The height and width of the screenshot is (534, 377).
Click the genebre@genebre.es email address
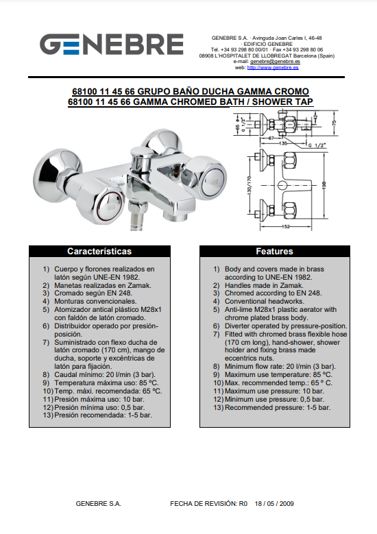click(x=275, y=62)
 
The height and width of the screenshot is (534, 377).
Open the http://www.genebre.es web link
click(x=273, y=68)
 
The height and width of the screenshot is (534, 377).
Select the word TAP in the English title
click(x=304, y=102)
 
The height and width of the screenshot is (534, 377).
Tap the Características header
click(x=99, y=252)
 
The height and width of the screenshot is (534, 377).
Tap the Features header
click(x=274, y=252)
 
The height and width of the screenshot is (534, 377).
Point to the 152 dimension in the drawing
click(x=286, y=227)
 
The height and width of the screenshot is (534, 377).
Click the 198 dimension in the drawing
click(x=324, y=185)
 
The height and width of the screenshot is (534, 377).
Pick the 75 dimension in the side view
click(x=334, y=122)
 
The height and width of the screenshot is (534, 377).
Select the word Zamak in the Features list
click(x=292, y=285)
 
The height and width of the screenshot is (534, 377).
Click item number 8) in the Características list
click(x=46, y=374)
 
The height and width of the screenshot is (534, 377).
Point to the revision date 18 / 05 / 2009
click(x=274, y=503)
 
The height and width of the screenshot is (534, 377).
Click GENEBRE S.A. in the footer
click(x=99, y=503)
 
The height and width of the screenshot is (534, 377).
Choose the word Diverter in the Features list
click(x=237, y=326)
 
